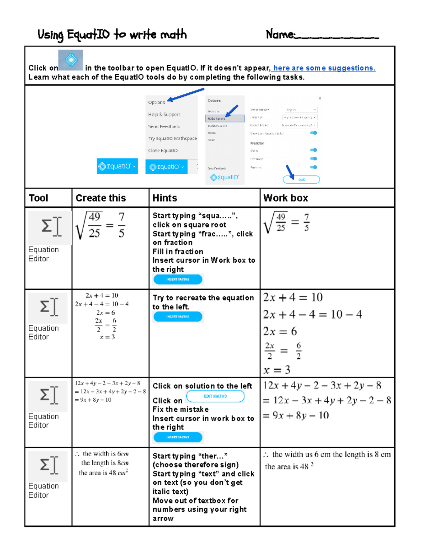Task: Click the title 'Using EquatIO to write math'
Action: point(112,34)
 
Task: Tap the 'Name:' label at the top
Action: point(280,34)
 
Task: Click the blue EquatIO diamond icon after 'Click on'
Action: point(71,60)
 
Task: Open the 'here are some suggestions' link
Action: point(324,68)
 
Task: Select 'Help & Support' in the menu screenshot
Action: point(164,115)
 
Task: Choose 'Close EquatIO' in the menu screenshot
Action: point(163,151)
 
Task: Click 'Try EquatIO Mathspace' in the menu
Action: point(172,138)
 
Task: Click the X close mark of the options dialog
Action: point(320,98)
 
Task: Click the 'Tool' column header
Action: point(38,198)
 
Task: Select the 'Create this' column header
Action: point(101,198)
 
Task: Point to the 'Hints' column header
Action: point(165,198)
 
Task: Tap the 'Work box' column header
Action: point(286,198)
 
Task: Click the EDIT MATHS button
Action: point(215,396)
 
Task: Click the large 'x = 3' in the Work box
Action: point(277,370)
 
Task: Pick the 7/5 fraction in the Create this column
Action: point(121,225)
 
